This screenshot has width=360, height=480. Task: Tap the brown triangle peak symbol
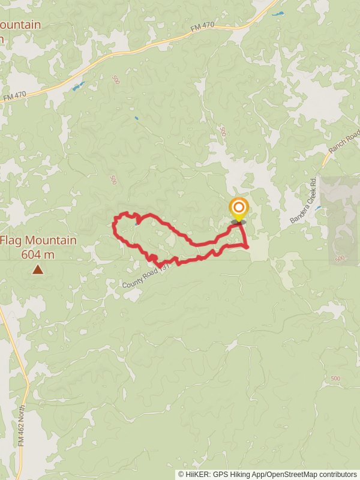tap(38, 269)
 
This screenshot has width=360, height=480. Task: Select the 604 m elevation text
tap(38, 254)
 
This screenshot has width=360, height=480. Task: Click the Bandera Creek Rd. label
tap(304, 200)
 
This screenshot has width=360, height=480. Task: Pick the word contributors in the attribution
tap(337, 474)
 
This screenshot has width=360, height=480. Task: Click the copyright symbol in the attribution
tap(181, 474)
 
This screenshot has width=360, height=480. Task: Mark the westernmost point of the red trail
tap(114, 225)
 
